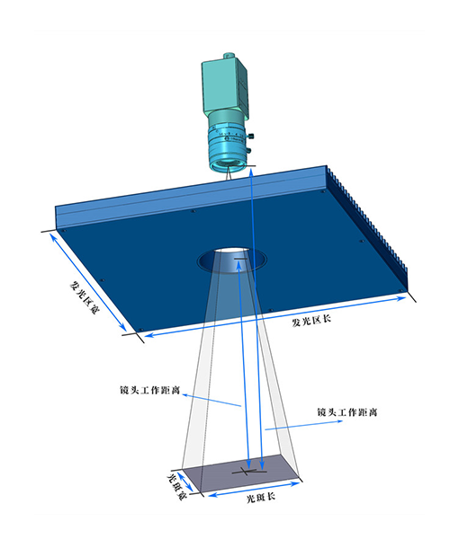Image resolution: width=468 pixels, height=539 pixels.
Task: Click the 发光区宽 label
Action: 84,297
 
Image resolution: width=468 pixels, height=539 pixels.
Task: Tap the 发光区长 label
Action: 311,321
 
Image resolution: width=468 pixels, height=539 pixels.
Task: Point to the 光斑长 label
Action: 261,497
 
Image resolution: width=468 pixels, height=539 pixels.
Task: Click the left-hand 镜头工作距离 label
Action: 150,390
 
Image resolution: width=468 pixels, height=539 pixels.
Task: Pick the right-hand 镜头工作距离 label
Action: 347,411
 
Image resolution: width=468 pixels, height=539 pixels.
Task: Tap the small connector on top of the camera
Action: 228,56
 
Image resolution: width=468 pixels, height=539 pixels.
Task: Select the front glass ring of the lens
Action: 228,166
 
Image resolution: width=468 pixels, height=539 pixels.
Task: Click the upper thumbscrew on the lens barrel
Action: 251,137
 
